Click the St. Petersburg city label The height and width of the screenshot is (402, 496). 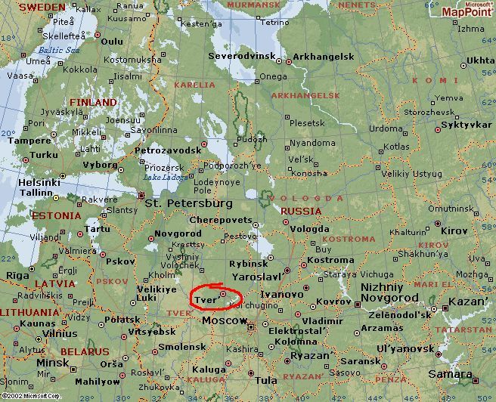coord(188,203)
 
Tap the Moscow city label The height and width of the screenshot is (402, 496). coord(225,321)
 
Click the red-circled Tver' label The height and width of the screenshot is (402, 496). coord(206,300)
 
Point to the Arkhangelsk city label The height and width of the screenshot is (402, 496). coord(323,57)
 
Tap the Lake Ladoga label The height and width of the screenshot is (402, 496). coord(161,177)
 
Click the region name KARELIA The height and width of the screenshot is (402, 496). coord(195,85)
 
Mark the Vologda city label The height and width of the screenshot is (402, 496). coord(310,228)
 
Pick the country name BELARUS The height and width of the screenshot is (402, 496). coord(85,351)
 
